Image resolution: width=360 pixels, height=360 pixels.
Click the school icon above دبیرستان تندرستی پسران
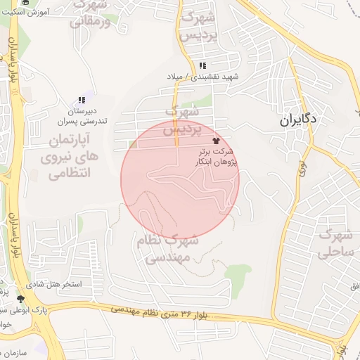coord(82,101)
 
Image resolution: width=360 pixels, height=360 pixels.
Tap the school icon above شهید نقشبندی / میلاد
coord(202,65)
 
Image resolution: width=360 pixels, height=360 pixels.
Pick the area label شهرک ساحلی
coord(335,243)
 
